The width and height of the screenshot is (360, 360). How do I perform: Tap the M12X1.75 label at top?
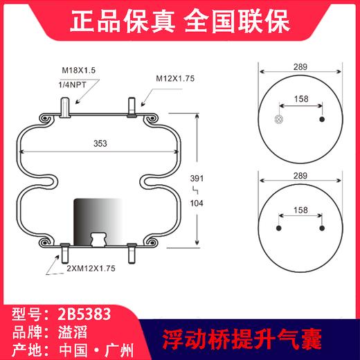point(173,79)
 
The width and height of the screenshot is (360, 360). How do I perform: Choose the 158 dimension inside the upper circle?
point(300,99)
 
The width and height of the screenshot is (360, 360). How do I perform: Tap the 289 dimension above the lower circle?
point(301,172)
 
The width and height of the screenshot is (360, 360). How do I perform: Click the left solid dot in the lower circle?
point(279,228)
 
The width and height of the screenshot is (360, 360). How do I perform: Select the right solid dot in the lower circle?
point(323,228)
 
